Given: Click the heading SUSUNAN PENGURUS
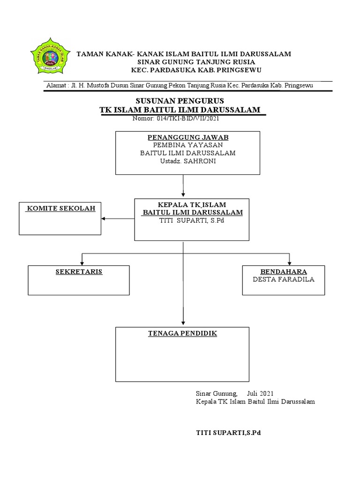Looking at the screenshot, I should click(x=180, y=101).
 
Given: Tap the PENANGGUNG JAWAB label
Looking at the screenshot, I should click(x=188, y=137).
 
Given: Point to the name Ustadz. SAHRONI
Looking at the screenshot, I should click(x=188, y=161).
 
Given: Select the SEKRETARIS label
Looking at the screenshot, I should click(x=79, y=272).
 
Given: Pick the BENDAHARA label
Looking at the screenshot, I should click(x=284, y=271).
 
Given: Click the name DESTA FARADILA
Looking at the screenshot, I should click(x=284, y=279).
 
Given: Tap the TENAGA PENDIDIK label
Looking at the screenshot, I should click(x=183, y=333).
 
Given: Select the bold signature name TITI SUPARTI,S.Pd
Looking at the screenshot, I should click(x=228, y=433).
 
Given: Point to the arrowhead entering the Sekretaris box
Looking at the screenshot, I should click(x=82, y=262).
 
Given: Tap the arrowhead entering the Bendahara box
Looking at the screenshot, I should click(x=290, y=262).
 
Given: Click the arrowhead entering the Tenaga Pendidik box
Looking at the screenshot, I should click(x=183, y=323).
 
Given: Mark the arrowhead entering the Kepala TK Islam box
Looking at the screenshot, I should click(x=183, y=195).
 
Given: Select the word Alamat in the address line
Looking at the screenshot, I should click(x=56, y=86).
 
